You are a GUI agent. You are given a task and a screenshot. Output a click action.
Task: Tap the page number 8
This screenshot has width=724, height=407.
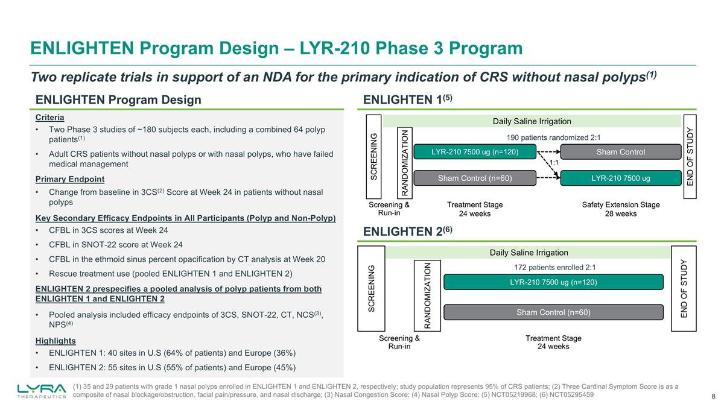[x=713, y=396]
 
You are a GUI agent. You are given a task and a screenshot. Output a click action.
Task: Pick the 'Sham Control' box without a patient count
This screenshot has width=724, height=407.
[x=621, y=151]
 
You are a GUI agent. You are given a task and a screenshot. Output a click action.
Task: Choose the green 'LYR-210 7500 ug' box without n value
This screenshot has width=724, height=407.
[x=621, y=177]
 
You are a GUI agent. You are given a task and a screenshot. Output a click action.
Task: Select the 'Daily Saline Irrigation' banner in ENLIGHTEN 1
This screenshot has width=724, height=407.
[x=532, y=121]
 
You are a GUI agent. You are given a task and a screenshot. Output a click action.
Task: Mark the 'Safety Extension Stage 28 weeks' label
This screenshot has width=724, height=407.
[x=620, y=209]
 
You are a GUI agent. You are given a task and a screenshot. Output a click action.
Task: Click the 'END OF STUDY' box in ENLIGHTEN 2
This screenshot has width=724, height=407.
[x=684, y=288]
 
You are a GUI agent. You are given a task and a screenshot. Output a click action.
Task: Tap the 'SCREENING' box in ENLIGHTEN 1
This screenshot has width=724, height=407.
[x=372, y=156]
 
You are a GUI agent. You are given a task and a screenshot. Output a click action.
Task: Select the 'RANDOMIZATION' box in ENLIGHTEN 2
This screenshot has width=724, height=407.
[x=427, y=295]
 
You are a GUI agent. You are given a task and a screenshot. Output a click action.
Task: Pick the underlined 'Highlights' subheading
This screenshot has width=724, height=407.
[x=56, y=341]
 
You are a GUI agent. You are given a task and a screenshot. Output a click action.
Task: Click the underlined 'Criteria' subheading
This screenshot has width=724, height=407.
[x=50, y=117]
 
